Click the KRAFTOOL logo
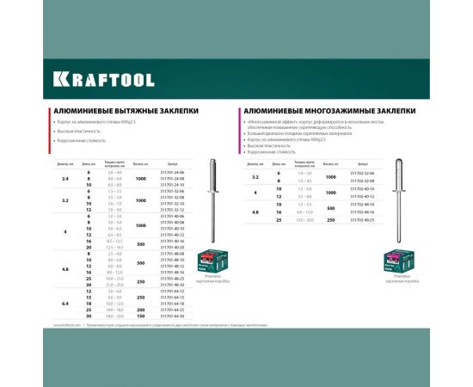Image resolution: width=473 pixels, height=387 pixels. (x=104, y=79)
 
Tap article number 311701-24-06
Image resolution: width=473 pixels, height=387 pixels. (x=173, y=172)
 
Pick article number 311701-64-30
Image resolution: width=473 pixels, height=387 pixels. (x=173, y=317)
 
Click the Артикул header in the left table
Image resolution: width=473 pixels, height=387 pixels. (x=173, y=162)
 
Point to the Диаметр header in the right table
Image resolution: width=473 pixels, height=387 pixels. (x=255, y=162)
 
